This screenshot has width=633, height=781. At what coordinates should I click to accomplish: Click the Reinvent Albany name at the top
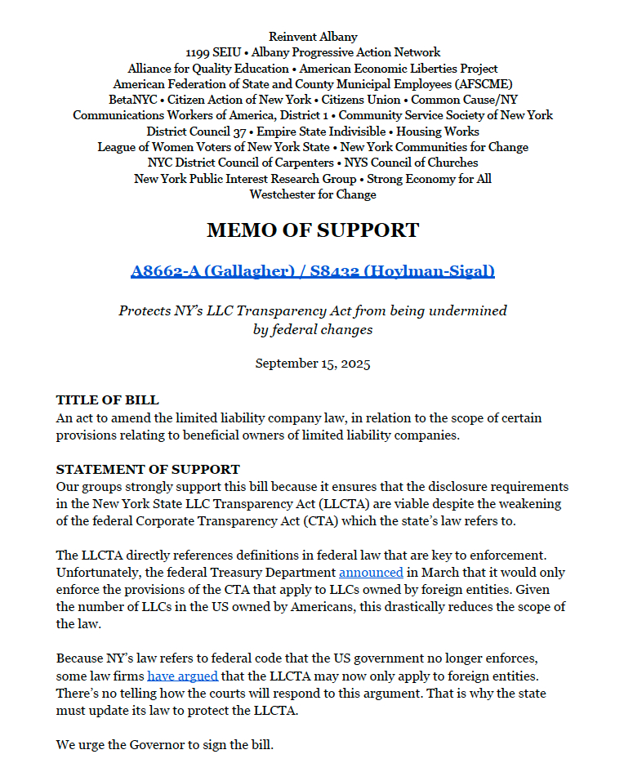[x=313, y=37]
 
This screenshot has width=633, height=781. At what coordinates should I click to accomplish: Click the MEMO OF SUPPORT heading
[x=313, y=230]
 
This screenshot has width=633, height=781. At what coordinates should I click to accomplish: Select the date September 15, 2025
[x=313, y=364]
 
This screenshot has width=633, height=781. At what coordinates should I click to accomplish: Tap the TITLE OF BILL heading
[x=107, y=400]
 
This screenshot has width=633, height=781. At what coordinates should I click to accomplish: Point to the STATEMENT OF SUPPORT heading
[x=148, y=470]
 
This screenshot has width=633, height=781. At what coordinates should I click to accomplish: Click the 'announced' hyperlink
[x=371, y=573]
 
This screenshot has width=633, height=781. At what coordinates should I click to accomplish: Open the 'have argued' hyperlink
[x=182, y=676]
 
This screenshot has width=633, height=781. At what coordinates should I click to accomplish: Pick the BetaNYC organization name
[x=133, y=100]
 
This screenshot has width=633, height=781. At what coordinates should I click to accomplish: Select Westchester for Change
[x=313, y=194]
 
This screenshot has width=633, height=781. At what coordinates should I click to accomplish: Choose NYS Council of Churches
[x=411, y=163]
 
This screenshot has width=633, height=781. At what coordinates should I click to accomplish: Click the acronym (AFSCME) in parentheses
[x=479, y=84]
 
